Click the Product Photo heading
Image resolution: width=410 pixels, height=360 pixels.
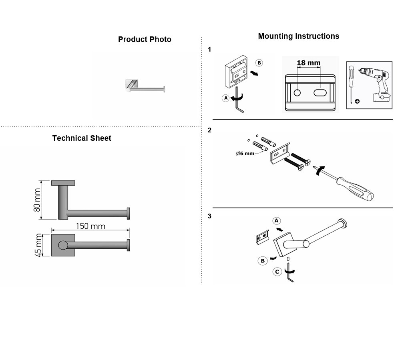coord(145,40)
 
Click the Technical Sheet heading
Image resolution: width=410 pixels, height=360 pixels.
coord(82,138)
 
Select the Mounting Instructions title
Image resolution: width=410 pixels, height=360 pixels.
coord(299,36)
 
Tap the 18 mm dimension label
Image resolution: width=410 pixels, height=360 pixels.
coord(309,63)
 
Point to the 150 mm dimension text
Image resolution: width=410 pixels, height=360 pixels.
coord(90,226)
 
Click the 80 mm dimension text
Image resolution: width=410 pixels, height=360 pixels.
coord(37,200)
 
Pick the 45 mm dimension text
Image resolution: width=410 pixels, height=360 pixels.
coord(38,245)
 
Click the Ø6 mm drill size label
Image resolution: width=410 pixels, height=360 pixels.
coord(245,154)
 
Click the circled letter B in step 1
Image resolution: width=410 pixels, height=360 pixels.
coord(259,63)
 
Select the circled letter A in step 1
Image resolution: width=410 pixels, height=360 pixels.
coord(226,98)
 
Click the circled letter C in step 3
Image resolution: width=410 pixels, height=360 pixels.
coord(277,272)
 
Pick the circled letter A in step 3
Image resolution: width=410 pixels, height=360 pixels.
coord(276,221)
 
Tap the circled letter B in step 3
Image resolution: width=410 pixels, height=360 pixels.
coord(263,261)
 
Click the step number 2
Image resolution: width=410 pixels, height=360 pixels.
coord(209,130)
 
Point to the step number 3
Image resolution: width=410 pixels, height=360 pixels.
coord(209,216)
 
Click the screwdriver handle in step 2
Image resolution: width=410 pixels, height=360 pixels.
coord(356,188)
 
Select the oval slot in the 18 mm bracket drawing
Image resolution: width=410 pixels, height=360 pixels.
coord(320,93)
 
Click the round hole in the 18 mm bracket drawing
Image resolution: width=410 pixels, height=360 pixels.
coord(297,93)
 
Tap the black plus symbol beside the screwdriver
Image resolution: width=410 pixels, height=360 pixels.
coord(357,101)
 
